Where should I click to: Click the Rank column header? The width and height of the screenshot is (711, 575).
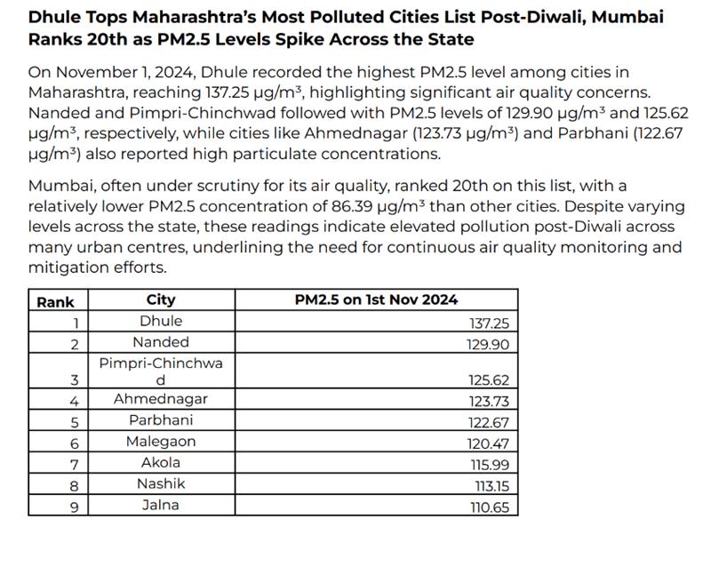[x=55, y=301]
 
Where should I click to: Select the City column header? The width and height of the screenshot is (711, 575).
[x=161, y=299]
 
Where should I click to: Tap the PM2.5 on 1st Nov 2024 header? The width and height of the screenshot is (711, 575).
[x=376, y=299]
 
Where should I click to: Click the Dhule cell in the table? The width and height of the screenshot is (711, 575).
[x=161, y=321]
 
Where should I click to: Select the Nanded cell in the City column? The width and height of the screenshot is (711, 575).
[x=161, y=342]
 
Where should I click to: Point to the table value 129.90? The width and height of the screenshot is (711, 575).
[x=489, y=345]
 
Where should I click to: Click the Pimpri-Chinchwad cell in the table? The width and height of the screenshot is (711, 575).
[x=161, y=371]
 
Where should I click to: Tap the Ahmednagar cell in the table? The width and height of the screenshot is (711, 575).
[x=161, y=399]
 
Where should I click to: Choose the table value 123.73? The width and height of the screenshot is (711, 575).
[x=489, y=402]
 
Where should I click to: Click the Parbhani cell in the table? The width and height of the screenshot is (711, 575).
[x=161, y=420]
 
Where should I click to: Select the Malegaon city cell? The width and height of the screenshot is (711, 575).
[x=161, y=442]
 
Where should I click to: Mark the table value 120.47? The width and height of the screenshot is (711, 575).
[x=489, y=444]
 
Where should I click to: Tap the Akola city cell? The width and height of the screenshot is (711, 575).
[x=161, y=462]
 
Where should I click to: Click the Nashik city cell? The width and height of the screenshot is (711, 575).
[x=161, y=483]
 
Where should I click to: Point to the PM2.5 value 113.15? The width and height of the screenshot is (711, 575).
[x=490, y=487]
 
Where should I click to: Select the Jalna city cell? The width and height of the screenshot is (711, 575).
[x=161, y=505]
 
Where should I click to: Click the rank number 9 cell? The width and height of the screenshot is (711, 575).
[x=75, y=507]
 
